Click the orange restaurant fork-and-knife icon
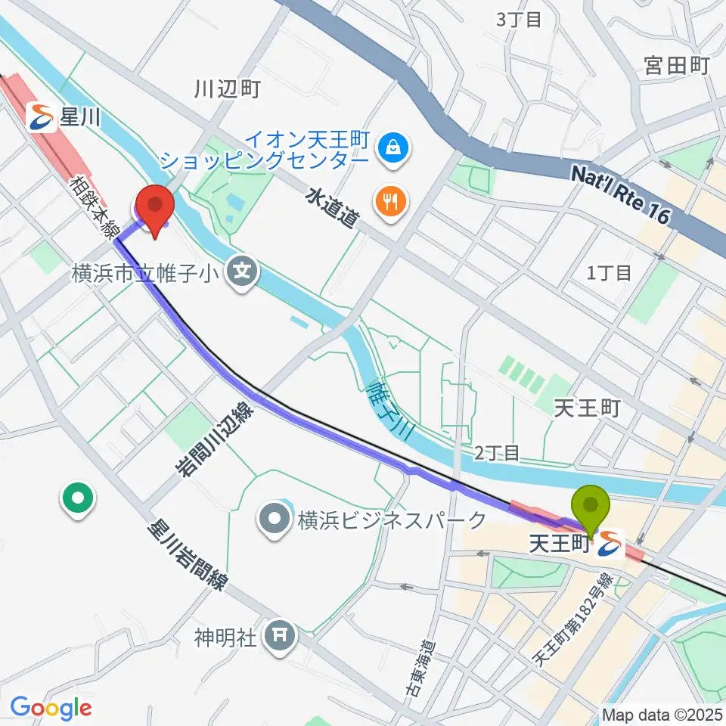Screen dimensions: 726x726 390,200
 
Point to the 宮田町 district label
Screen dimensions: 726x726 676,66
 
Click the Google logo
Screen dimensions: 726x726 51,708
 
